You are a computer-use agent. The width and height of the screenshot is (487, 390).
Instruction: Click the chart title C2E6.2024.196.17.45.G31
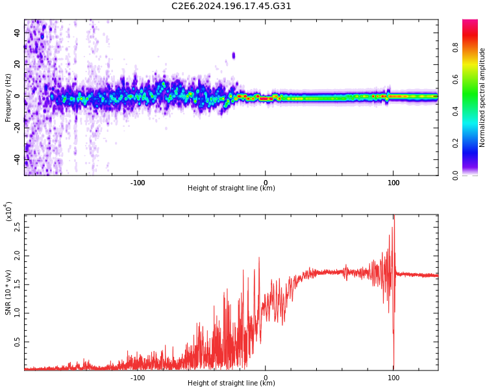click(x=231, y=6)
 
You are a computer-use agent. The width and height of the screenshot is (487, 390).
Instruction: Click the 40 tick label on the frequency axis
click(x=18, y=32)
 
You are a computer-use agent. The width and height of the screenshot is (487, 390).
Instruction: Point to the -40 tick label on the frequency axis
click(x=18, y=159)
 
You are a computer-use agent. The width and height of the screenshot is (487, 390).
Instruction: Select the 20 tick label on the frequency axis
click(x=18, y=64)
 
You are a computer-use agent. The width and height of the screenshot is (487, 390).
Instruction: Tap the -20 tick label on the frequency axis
click(x=18, y=127)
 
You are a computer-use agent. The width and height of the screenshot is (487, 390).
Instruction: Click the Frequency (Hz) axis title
click(x=8, y=97)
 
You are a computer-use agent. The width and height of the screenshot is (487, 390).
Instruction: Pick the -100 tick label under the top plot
click(x=137, y=183)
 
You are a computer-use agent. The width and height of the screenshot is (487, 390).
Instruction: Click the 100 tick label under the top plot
click(x=393, y=183)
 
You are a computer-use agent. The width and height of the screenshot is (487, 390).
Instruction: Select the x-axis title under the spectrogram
click(x=231, y=188)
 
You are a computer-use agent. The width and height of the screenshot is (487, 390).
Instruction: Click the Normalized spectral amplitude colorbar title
click(x=482, y=97)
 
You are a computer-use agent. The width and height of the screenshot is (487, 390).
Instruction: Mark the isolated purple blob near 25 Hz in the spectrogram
click(x=234, y=55)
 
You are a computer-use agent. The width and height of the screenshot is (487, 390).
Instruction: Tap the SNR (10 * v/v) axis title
click(x=8, y=292)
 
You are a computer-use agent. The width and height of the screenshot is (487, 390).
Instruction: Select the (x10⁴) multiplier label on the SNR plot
click(x=8, y=211)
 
